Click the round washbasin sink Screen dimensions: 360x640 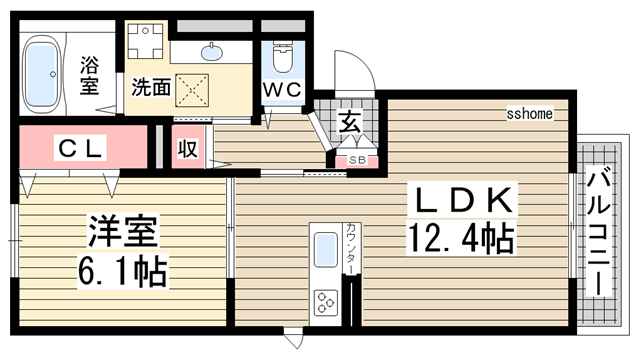(x=213, y=51)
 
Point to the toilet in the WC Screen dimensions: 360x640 (x=281, y=58)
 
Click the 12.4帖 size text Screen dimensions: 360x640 (x=460, y=239)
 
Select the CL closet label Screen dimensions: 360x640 (x=78, y=150)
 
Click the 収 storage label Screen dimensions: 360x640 (x=187, y=150)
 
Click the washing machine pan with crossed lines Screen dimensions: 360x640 (x=190, y=87)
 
